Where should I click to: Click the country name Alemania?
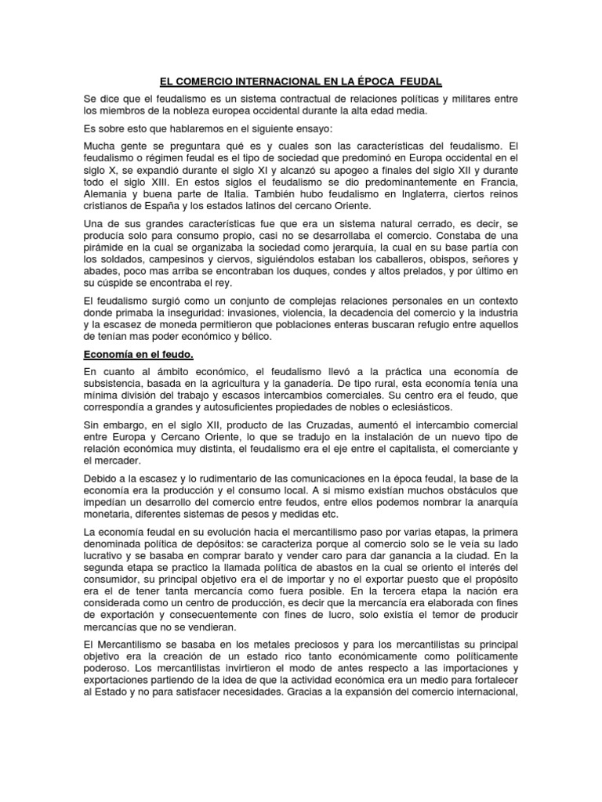108,193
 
